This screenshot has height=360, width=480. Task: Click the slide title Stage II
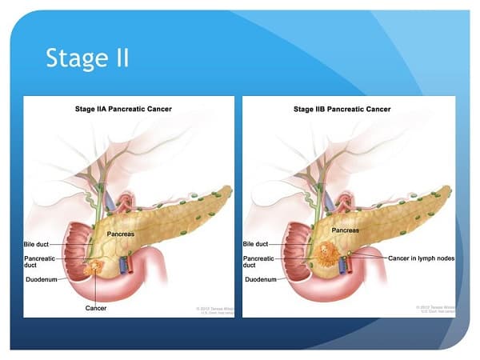coord(87,58)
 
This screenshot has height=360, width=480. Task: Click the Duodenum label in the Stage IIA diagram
coord(45,280)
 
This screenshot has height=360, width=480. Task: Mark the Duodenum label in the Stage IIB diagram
coord(262,280)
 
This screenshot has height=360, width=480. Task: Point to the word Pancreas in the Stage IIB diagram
coord(346,230)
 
